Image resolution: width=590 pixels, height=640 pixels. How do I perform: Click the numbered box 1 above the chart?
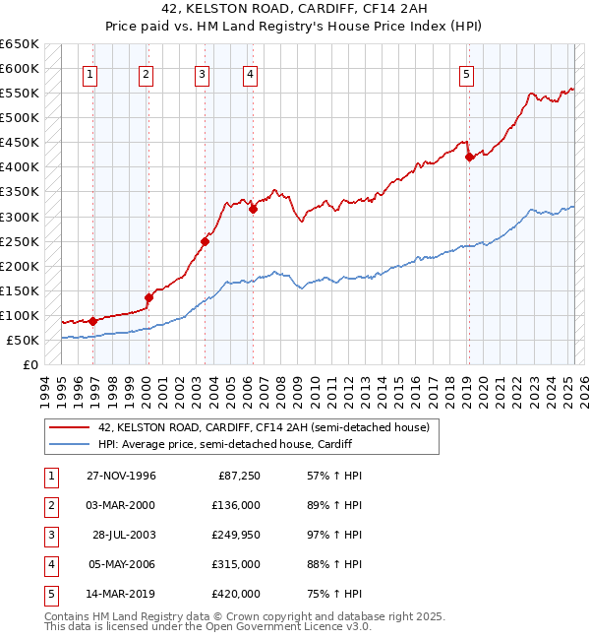(89, 73)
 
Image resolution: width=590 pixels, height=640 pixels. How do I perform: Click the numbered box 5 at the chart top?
(465, 73)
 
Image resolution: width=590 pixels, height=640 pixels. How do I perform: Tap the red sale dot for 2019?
(469, 157)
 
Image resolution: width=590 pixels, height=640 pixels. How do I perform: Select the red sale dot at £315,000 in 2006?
(253, 209)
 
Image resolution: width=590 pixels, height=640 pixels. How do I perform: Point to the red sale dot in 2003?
(205, 241)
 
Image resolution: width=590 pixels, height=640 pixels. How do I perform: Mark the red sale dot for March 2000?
(148, 297)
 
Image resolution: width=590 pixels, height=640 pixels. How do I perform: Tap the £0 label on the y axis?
(30, 364)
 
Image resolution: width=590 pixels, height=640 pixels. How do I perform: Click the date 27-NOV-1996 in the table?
(121, 477)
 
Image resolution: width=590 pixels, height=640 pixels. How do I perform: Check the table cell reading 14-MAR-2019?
(121, 594)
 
